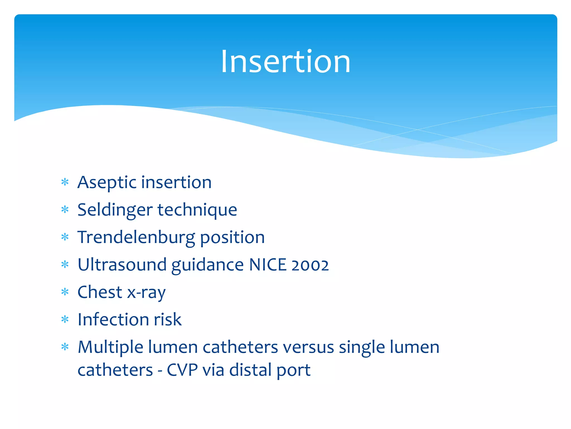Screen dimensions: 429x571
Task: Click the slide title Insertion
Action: [x=285, y=61]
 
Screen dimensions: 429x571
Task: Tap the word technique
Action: [x=197, y=210]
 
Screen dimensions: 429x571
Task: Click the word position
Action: [x=232, y=237]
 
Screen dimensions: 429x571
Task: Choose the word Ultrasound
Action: [x=122, y=265]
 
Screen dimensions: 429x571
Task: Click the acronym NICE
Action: [x=268, y=265]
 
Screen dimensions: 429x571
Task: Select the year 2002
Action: [x=310, y=265]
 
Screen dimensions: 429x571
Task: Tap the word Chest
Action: [x=100, y=292]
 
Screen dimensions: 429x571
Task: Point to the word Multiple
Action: [x=110, y=347]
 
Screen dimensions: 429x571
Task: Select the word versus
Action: [x=308, y=347]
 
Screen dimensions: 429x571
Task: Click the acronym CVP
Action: [x=182, y=370]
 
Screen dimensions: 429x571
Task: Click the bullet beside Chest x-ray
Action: [x=65, y=292]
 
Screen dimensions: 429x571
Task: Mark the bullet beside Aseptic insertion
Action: [x=65, y=182]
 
